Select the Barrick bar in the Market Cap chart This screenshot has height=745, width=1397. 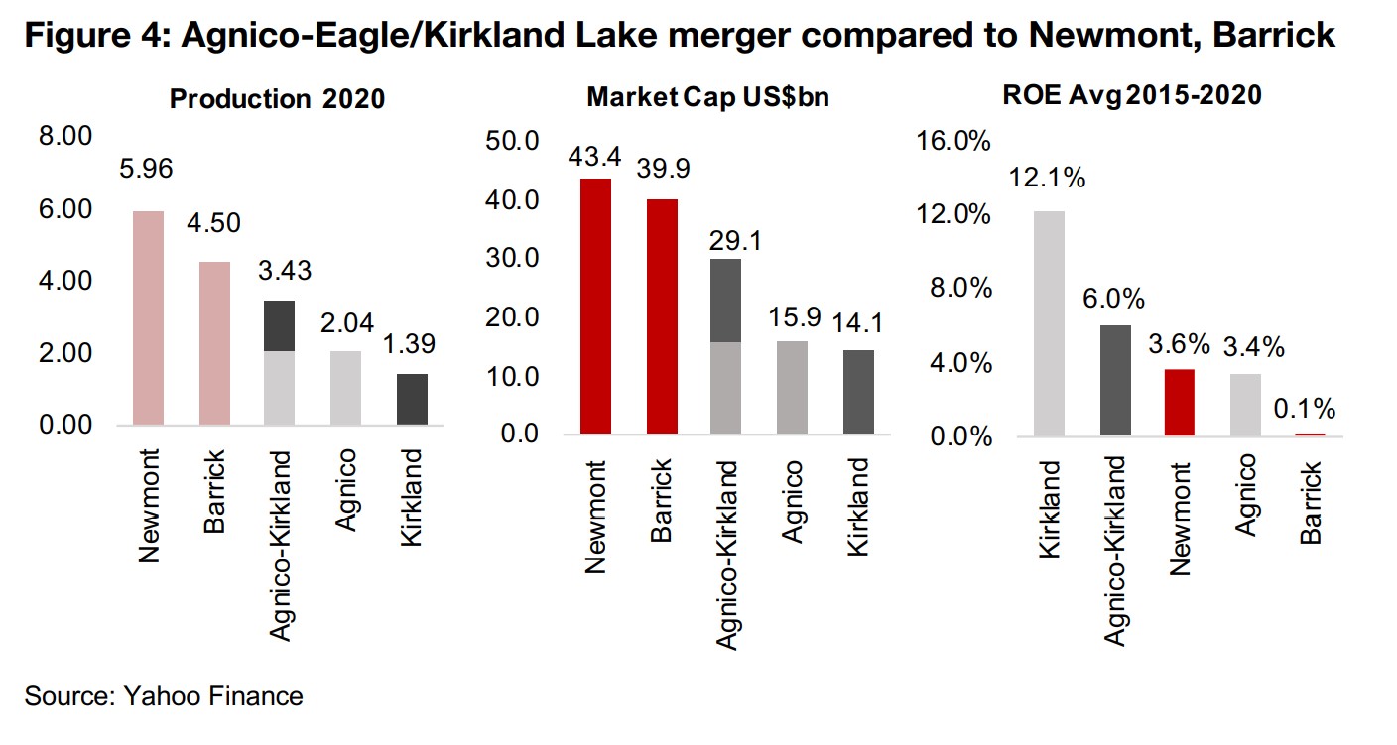pos(662,316)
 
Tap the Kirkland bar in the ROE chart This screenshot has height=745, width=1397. pos(1049,323)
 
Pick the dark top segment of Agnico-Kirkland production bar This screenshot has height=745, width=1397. pos(279,325)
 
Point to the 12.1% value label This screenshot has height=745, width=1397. pos(1048,179)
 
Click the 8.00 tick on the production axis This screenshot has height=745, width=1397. pos(64,137)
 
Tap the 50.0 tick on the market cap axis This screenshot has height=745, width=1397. pos(513,140)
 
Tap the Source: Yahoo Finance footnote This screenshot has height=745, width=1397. pos(164,696)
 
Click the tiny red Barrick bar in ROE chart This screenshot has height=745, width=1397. pos(1311,435)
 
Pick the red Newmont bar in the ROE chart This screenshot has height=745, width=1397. pos(1180,403)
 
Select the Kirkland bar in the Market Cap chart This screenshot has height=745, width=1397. pos(858,392)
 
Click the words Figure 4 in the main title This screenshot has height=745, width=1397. pos(83,37)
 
